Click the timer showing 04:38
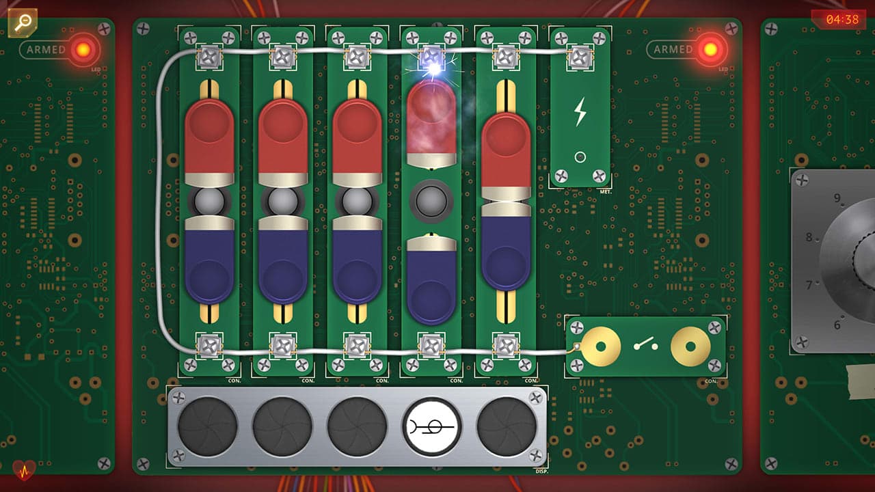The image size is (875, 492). (x=842, y=19)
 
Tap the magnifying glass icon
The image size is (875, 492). (x=22, y=22)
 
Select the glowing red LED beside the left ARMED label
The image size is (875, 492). (x=83, y=49)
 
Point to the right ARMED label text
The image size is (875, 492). (x=673, y=49)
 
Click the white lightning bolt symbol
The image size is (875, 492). (x=580, y=112)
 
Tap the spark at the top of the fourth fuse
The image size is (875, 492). (x=433, y=68)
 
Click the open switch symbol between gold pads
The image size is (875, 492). (x=645, y=346)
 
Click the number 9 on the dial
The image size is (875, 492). (x=837, y=198)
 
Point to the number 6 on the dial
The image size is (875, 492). (x=837, y=325)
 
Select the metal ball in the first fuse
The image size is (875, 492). (x=209, y=202)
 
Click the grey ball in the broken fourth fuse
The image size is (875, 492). (x=431, y=202)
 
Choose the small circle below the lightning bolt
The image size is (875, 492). (x=580, y=157)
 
